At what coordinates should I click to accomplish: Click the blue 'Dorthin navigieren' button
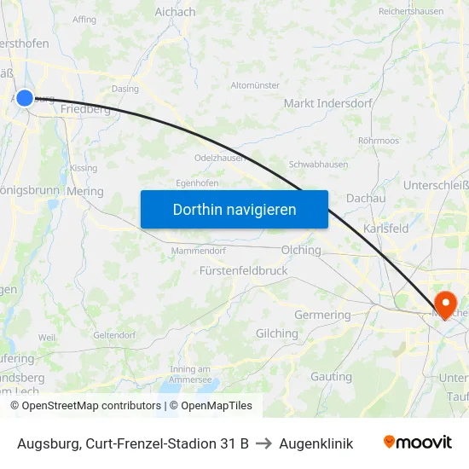[x=234, y=209]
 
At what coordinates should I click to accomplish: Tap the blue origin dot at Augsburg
[x=25, y=98]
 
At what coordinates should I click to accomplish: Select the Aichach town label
[x=175, y=12]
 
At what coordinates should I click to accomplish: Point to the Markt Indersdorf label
[x=327, y=103]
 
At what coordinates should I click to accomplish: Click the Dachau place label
[x=366, y=198]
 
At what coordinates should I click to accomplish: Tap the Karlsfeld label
[x=385, y=229]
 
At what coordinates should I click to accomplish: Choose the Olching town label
[x=301, y=251]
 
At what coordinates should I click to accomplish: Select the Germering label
[x=321, y=315]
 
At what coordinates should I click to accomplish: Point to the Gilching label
[x=277, y=333]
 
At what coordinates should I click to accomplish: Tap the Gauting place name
[x=331, y=376]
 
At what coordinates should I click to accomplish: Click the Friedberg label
[x=84, y=109]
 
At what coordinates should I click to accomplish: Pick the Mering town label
[x=84, y=192]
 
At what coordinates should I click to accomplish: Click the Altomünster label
[x=255, y=85]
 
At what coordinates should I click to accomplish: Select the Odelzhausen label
[x=220, y=158]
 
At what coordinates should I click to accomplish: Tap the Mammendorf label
[x=198, y=251]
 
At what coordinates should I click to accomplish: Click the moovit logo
[x=418, y=442]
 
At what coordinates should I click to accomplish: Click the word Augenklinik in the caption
[x=316, y=443]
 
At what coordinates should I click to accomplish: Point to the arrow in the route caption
[x=263, y=443]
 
